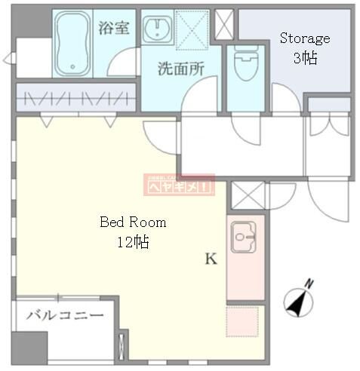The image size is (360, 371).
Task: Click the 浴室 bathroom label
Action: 113,29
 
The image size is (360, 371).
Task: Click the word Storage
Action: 305,38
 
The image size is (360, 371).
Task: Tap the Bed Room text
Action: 133,222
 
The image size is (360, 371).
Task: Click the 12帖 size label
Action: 132,242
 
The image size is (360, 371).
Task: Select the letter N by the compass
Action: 309,284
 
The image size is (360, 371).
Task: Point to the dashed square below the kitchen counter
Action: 245,322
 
